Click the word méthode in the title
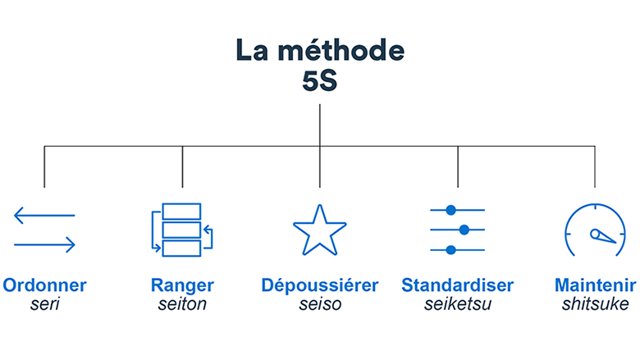[x=341, y=50]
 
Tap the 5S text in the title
[x=320, y=80]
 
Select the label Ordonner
[x=44, y=285]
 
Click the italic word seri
[x=45, y=304]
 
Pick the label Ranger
[x=182, y=286]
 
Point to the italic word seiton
[x=182, y=304]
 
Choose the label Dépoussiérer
[x=320, y=286]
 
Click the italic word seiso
[x=320, y=304]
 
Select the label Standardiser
[x=458, y=285]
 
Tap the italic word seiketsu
[x=458, y=304]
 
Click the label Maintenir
[x=595, y=285]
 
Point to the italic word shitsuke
[x=595, y=304]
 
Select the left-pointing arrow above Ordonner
[x=44, y=216]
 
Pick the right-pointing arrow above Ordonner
[x=44, y=245]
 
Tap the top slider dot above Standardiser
[x=450, y=210]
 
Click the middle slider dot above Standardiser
[x=464, y=230]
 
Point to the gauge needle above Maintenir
[x=602, y=236]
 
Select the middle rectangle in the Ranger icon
[x=181, y=230]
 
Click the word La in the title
[x=252, y=50]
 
